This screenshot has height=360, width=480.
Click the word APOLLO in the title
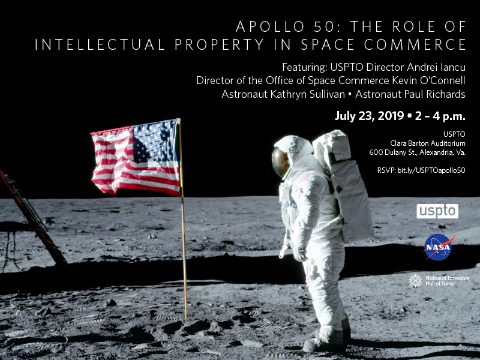pos(266,27)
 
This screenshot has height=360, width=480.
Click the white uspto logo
pos(437,211)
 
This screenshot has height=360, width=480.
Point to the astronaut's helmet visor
pos(280,162)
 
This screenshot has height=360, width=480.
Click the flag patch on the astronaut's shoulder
pos(304,178)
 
